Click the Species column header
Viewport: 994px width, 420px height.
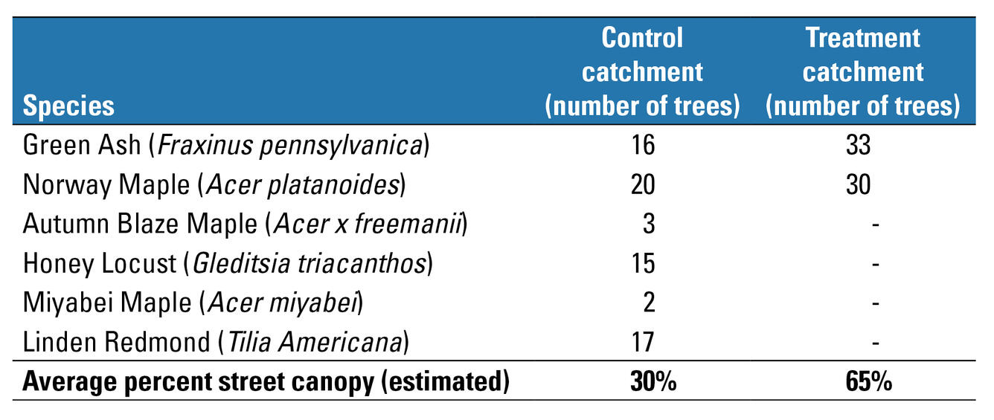(x=69, y=106)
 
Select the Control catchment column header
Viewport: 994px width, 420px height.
(x=642, y=71)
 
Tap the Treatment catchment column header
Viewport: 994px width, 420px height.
(x=862, y=71)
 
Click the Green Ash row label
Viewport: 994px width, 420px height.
(x=226, y=145)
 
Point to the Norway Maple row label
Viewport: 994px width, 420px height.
(x=214, y=184)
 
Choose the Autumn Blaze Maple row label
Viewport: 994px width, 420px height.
(x=245, y=224)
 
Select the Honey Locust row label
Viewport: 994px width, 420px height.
(x=228, y=263)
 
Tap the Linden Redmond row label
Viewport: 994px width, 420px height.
(x=217, y=342)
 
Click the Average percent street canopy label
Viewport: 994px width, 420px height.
(x=266, y=381)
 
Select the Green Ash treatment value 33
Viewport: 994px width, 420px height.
(x=858, y=145)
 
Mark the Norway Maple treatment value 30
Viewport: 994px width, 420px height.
(x=858, y=184)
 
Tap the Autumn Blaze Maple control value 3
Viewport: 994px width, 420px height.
(x=648, y=224)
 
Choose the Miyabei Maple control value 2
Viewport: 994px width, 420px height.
(x=648, y=303)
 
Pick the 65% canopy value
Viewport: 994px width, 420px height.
(x=868, y=381)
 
